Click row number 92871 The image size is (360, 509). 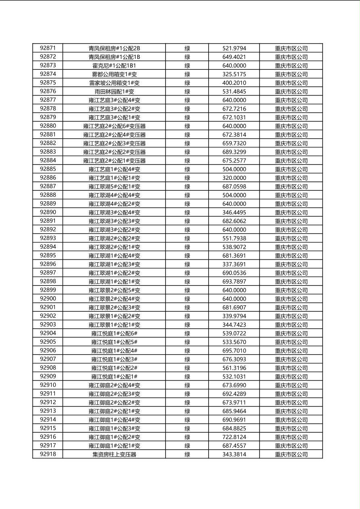click(x=48, y=48)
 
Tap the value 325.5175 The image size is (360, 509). click(x=234, y=74)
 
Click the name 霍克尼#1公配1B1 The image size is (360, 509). click(x=114, y=66)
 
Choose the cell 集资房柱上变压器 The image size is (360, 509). click(x=114, y=455)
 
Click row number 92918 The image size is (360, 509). click(x=48, y=455)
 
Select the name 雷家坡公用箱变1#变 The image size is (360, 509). click(x=114, y=83)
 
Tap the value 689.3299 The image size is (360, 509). click(x=234, y=152)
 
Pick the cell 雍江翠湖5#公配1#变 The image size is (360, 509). click(x=114, y=186)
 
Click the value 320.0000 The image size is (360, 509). click(x=234, y=178)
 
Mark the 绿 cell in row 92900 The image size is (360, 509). click(x=187, y=299)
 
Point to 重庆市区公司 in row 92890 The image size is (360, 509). click(x=291, y=213)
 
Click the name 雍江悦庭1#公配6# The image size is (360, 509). click(x=114, y=334)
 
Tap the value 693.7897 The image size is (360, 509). click(x=234, y=282)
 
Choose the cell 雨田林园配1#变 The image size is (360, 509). click(x=114, y=92)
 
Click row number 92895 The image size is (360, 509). click(x=48, y=256)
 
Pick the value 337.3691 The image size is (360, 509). click(x=234, y=264)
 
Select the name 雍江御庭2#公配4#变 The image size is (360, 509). click(x=114, y=385)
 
